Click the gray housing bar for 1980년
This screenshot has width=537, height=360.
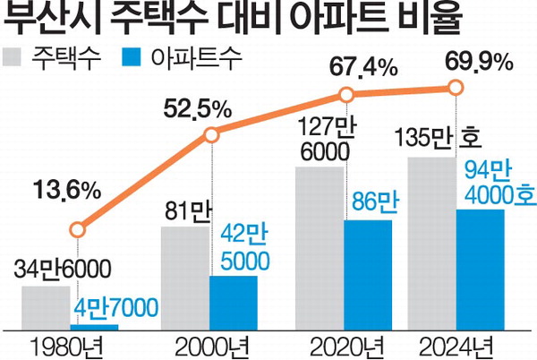pyautogui.click(x=46, y=306)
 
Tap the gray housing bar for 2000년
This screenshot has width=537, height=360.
pyautogui.click(x=185, y=279)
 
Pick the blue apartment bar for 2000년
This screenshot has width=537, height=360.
pyautogui.click(x=234, y=303)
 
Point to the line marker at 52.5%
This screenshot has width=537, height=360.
pyautogui.click(x=211, y=136)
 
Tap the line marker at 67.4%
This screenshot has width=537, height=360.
pyautogui.click(x=345, y=93)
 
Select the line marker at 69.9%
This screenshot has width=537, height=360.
pyautogui.click(x=456, y=87)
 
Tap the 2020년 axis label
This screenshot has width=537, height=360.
pyautogui.click(x=345, y=346)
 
